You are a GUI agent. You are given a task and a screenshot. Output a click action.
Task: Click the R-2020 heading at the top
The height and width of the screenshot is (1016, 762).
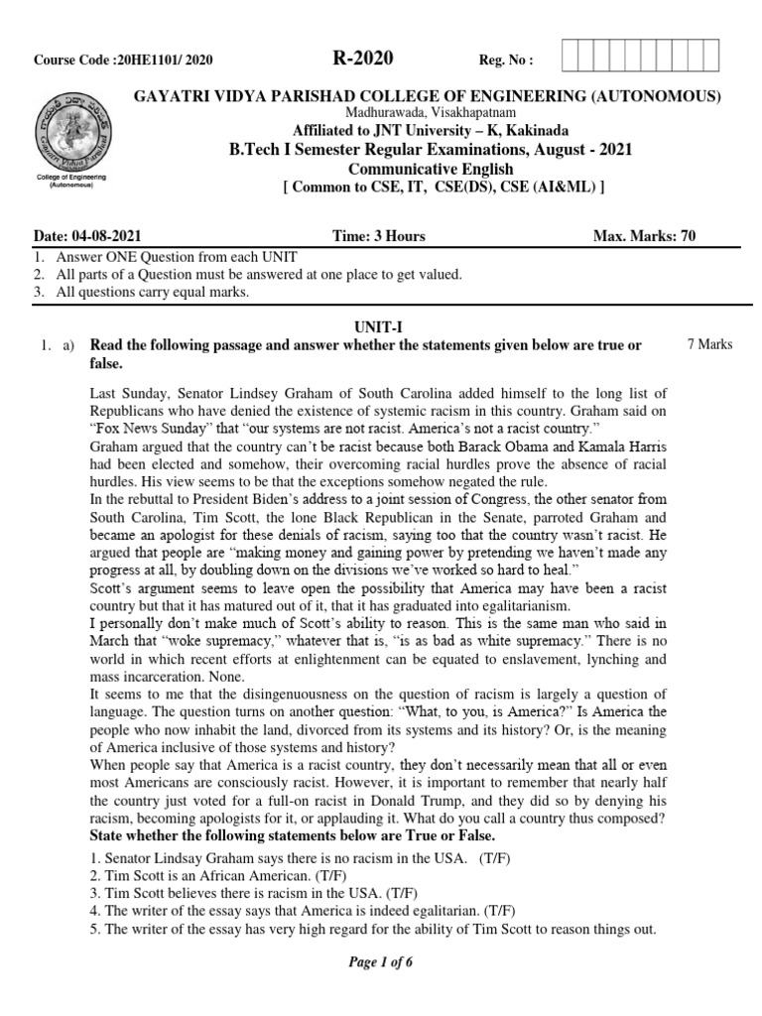click(363, 60)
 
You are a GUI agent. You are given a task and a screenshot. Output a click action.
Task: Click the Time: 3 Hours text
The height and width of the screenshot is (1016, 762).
click(379, 236)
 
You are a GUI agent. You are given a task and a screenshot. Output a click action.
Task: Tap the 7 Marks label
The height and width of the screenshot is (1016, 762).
click(709, 344)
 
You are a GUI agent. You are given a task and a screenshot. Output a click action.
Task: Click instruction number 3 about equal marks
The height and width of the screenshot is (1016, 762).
click(139, 293)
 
